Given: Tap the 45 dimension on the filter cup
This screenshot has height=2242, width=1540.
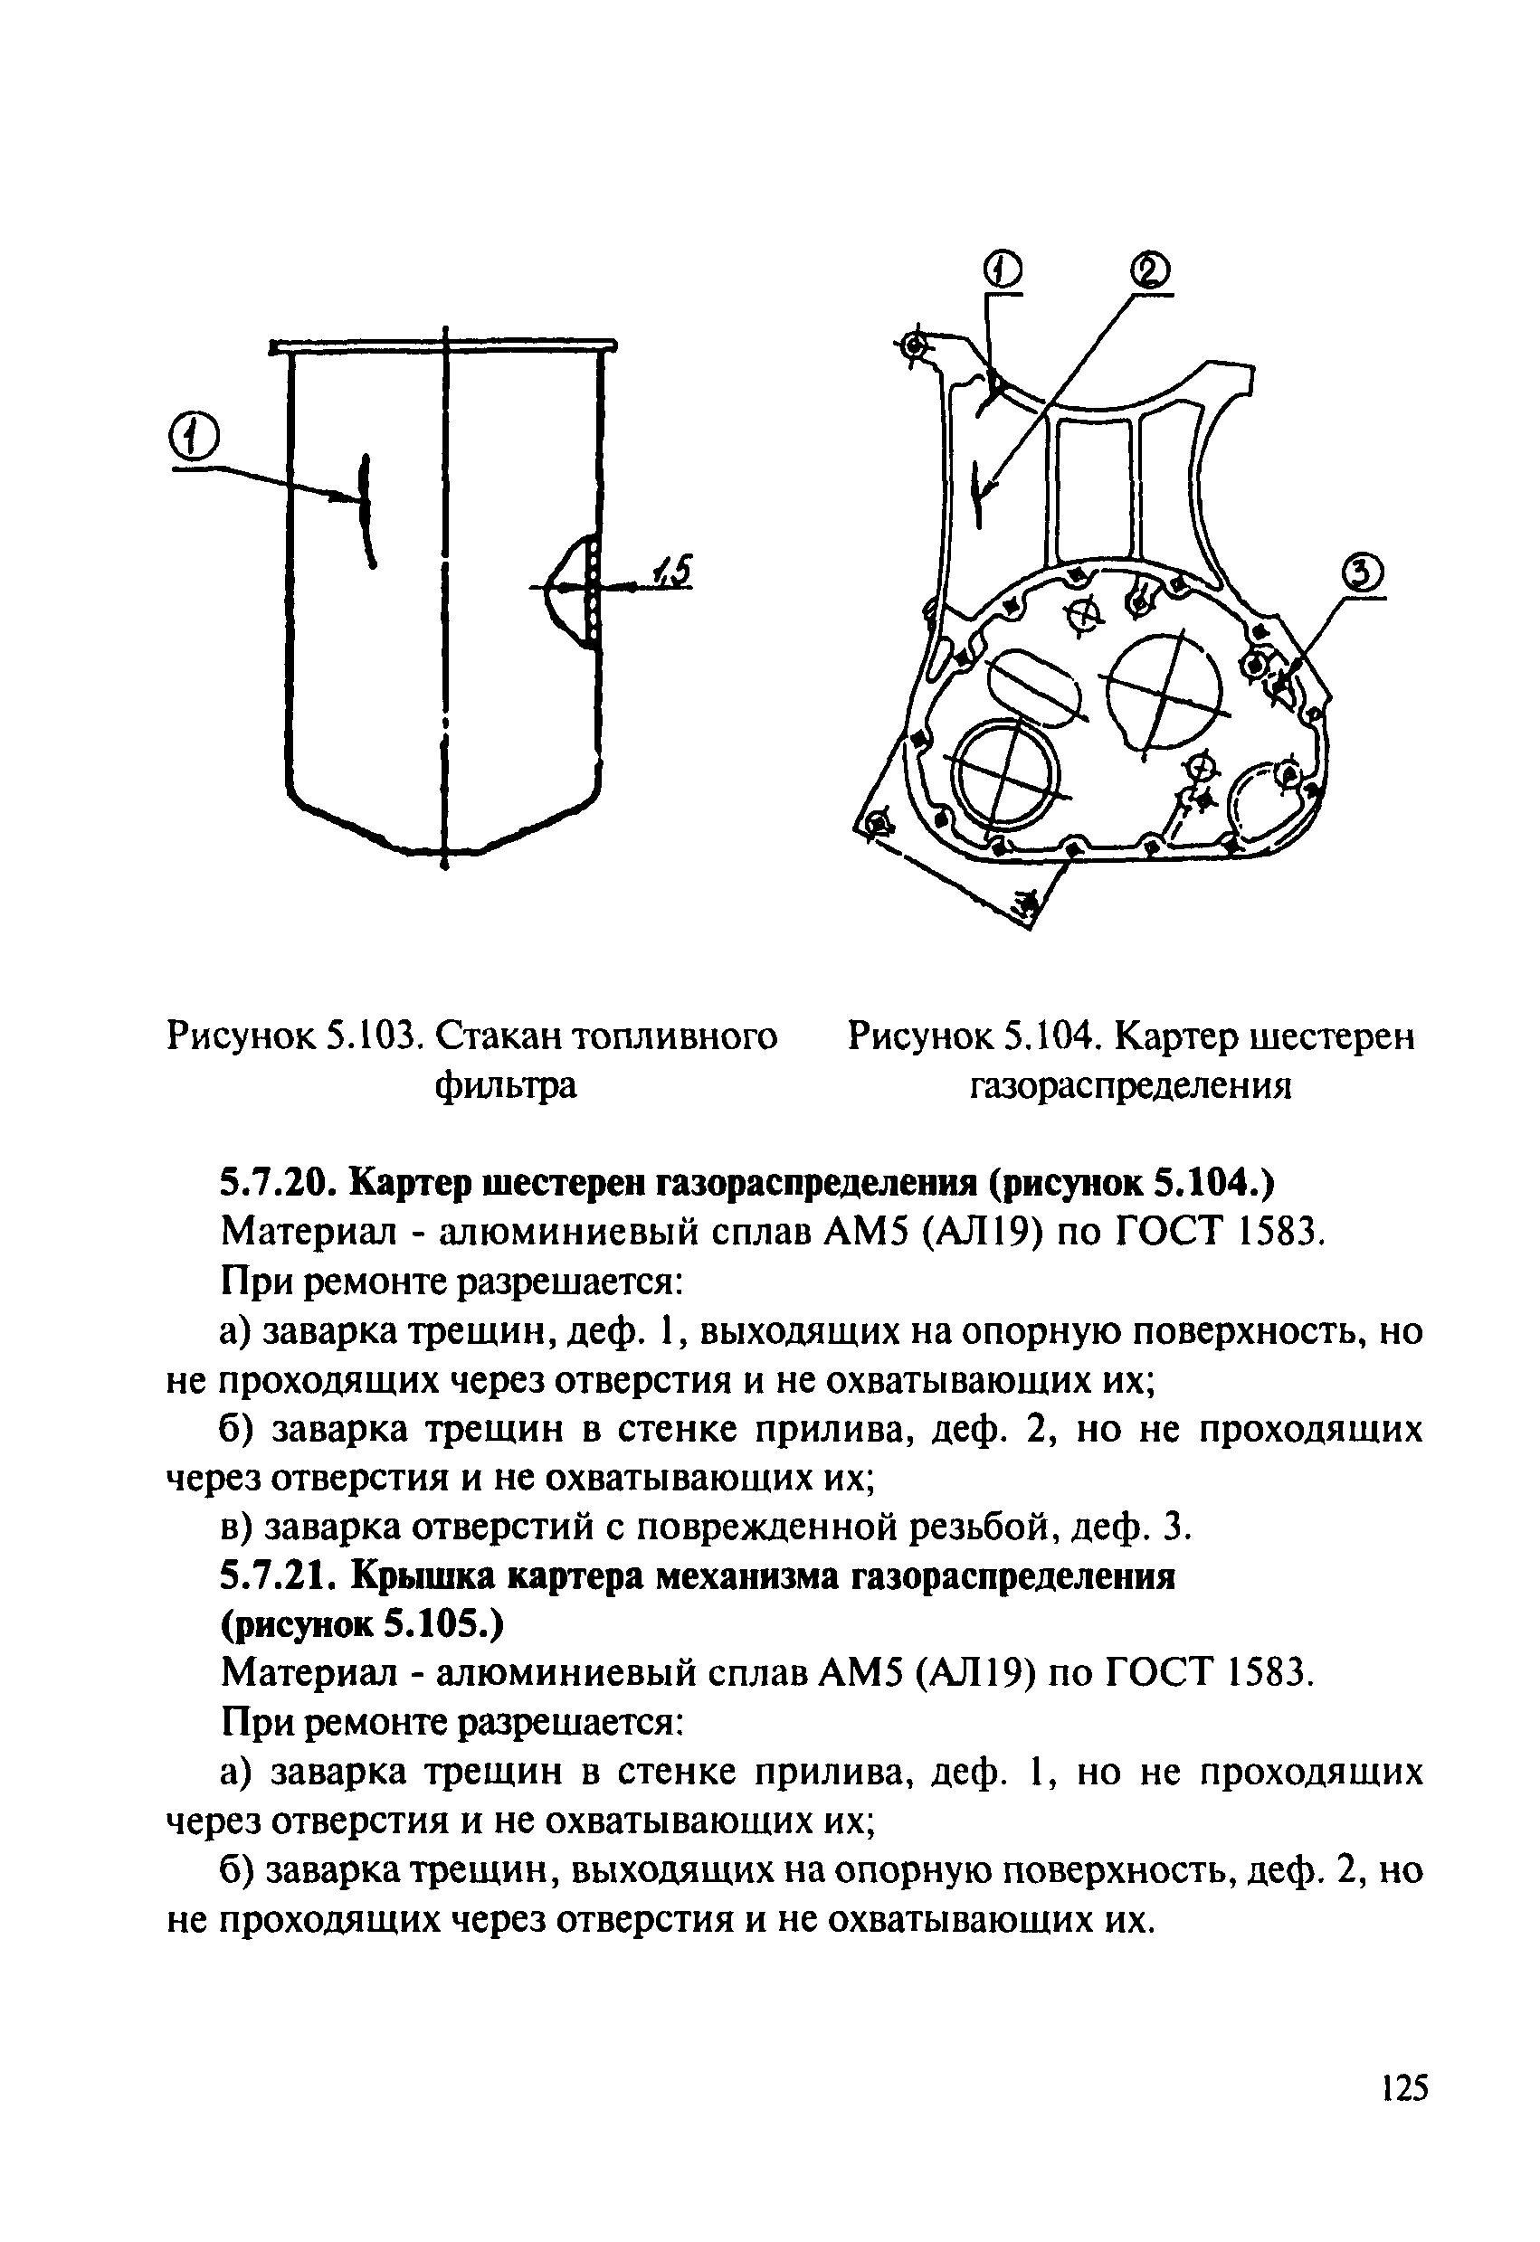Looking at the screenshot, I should click(x=672, y=571).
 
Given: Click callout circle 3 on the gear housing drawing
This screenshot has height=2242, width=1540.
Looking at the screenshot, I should click(x=1359, y=578).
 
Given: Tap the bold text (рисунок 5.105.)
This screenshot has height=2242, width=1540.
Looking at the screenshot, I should click(x=362, y=1625).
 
